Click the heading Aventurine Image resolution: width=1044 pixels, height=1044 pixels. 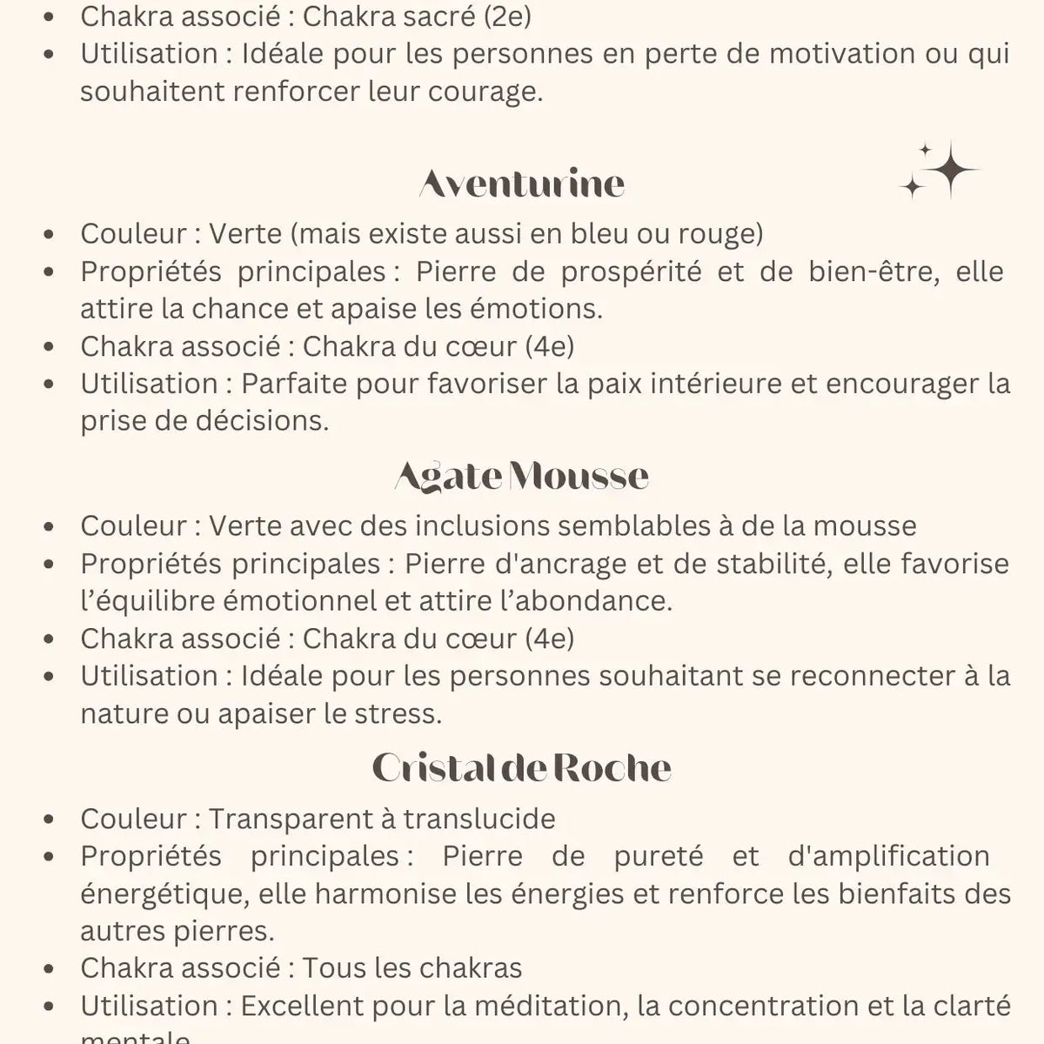522,184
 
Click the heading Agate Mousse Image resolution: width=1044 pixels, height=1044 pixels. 522,476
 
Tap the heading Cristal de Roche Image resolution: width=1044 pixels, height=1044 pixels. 522,768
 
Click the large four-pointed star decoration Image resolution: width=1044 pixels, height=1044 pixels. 950,169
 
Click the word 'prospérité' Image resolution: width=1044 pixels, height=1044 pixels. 631,271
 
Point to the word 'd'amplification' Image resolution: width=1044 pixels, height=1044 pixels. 888,856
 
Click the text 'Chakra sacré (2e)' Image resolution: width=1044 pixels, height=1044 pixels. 417,17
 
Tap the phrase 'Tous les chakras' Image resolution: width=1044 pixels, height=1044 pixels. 412,968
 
